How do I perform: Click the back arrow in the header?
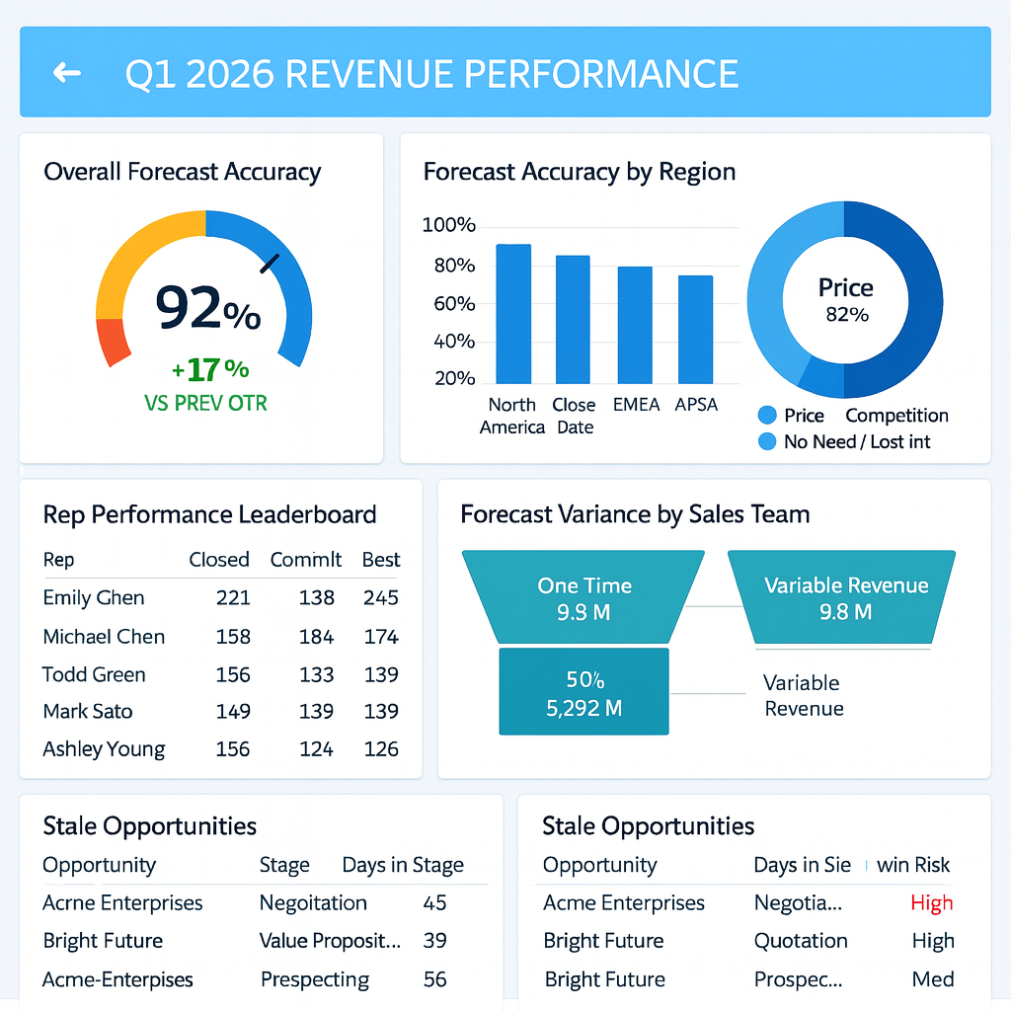pos(67,73)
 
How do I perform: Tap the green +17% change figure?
pos(210,369)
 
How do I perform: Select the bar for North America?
pos(512,313)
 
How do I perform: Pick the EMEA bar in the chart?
pos(635,325)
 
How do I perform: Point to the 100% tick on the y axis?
pos(448,225)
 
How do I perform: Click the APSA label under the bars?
pos(696,405)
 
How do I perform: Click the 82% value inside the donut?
pos(846,315)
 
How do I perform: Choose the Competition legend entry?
pos(896,416)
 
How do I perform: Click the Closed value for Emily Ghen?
pos(233,597)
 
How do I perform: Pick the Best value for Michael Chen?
pos(380,637)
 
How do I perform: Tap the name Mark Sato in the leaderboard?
pos(88,711)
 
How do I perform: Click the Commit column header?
pos(306,560)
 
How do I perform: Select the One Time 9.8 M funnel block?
pos(584,598)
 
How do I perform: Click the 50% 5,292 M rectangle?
pos(583,691)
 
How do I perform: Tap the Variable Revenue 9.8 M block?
pos(845,598)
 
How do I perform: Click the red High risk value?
pos(931,902)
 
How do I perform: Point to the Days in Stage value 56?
pos(434,980)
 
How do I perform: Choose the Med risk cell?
pos(933,980)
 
